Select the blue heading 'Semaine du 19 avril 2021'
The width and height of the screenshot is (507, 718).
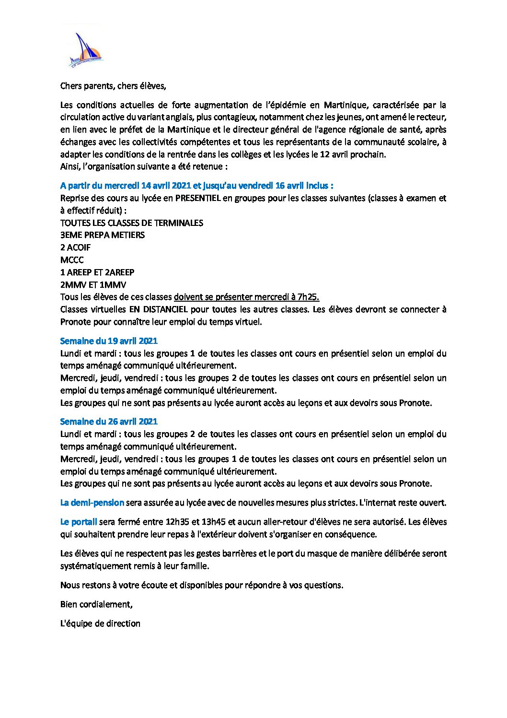[109, 341]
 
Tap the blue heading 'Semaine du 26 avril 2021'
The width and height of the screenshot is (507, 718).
[109, 422]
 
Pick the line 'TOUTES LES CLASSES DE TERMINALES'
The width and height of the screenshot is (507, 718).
[132, 223]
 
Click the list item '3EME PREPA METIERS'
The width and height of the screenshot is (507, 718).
[103, 235]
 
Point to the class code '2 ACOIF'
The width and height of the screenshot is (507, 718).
[75, 247]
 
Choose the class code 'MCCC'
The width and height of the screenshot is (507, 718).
[72, 260]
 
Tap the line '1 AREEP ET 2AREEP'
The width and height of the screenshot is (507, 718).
[97, 272]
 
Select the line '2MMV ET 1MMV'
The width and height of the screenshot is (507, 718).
[93, 285]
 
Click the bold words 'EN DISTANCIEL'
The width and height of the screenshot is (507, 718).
[158, 309]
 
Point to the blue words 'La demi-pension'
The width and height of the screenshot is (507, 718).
[92, 503]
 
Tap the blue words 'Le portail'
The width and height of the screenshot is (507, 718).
[79, 522]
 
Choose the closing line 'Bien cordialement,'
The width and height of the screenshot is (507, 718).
[96, 604]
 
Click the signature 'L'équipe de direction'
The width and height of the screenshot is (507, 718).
[100, 624]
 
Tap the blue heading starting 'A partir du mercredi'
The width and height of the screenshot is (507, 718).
[196, 186]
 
